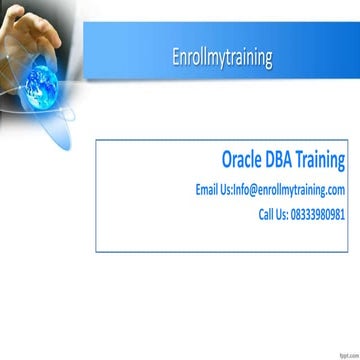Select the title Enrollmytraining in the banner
pos(221,58)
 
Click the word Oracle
pos(246,160)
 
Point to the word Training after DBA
pos(326,161)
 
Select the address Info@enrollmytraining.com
pos(289,189)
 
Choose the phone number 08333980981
pos(322,214)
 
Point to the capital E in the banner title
pos(175,58)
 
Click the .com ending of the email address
pos(335,189)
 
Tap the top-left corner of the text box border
pos(96,140)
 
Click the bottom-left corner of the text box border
pos(96,252)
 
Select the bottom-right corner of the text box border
pos(348,252)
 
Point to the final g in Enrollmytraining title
pos(267,60)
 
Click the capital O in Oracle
pos(227,160)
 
